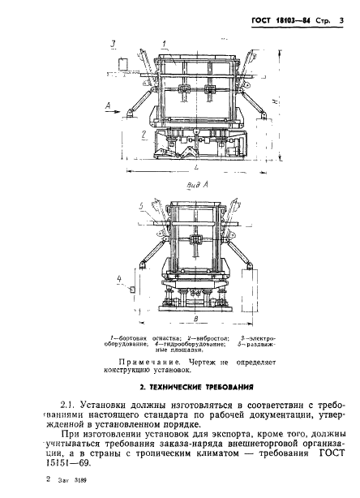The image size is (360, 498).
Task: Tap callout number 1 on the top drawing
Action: [x=165, y=42]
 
